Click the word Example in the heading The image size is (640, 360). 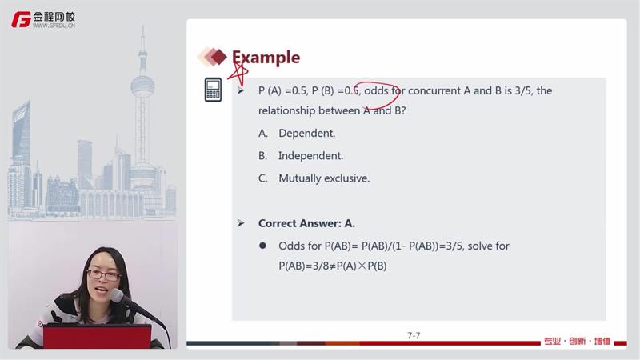click(266, 58)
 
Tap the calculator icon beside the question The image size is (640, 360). click(213, 90)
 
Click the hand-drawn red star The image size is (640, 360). click(238, 74)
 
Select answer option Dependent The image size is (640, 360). click(306, 133)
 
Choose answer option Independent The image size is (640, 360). click(310, 155)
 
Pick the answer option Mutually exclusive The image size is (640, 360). click(324, 178)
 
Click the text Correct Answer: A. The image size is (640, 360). click(306, 223)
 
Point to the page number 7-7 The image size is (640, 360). click(414, 335)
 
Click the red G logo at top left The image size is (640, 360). click(22, 19)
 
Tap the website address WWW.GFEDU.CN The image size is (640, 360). click(54, 26)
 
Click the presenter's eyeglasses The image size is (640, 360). click(104, 275)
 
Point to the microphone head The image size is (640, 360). click(118, 295)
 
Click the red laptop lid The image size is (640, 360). click(97, 336)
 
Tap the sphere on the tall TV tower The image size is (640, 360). click(142, 86)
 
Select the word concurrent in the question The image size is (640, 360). click(434, 90)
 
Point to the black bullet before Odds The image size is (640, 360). click(262, 246)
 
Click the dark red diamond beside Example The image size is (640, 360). click(218, 57)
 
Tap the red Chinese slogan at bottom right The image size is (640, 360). click(578, 342)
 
